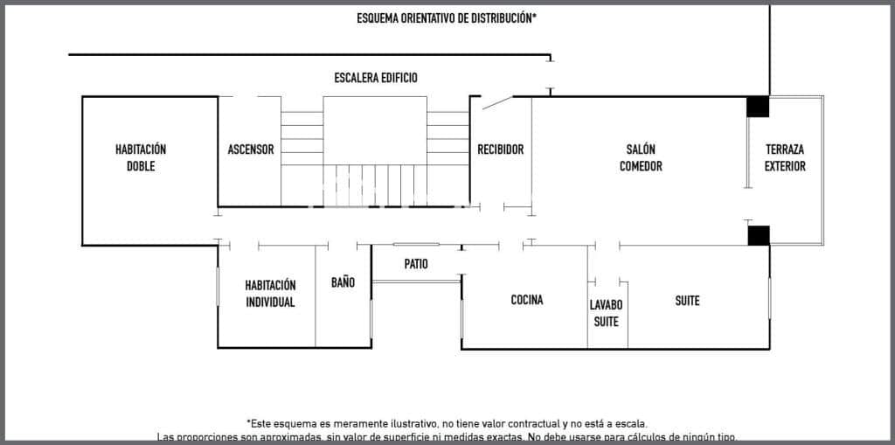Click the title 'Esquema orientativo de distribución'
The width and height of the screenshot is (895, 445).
[446, 17]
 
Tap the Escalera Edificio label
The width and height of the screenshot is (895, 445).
[376, 78]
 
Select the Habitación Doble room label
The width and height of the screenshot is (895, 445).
[141, 157]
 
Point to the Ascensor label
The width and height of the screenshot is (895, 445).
[250, 149]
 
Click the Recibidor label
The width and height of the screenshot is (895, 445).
[500, 149]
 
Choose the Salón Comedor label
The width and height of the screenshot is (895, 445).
[641, 157]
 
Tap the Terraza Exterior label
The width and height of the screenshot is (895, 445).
[785, 157]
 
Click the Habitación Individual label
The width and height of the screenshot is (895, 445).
[270, 294]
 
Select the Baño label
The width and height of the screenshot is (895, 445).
[343, 282]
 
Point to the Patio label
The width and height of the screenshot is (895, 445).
[416, 264]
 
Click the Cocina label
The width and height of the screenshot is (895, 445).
[527, 300]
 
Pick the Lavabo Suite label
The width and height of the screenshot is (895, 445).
[606, 313]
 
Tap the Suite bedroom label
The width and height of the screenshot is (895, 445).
[687, 301]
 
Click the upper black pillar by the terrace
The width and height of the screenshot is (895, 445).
[758, 106]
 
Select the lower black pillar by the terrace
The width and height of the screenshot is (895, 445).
[758, 235]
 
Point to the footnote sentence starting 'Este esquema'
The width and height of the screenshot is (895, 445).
[447, 422]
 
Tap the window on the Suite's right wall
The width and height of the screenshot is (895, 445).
[769, 299]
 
